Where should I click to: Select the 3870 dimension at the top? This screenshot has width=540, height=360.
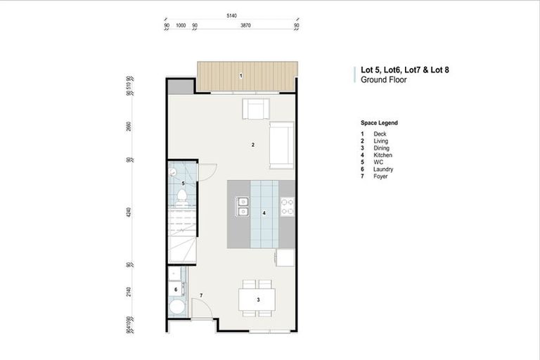coord(245,26)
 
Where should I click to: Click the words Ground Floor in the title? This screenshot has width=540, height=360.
coord(379,80)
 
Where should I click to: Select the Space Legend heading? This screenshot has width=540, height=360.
coord(379,122)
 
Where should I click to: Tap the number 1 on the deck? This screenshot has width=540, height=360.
coord(240,75)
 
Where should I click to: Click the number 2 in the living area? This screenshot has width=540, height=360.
coord(252,145)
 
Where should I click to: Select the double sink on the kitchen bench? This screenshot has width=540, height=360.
coord(243,205)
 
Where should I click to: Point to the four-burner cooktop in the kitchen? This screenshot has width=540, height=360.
coord(288,205)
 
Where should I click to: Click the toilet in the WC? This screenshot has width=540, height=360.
coord(181,196)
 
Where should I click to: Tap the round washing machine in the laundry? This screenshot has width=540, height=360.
coord(176,307)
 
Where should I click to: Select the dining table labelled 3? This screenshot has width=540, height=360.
coord(258,300)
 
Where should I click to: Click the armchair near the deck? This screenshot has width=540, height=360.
coord(256,110)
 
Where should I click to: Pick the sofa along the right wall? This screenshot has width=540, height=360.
coord(282,145)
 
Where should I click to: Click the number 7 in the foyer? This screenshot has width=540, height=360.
coord(201,295)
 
